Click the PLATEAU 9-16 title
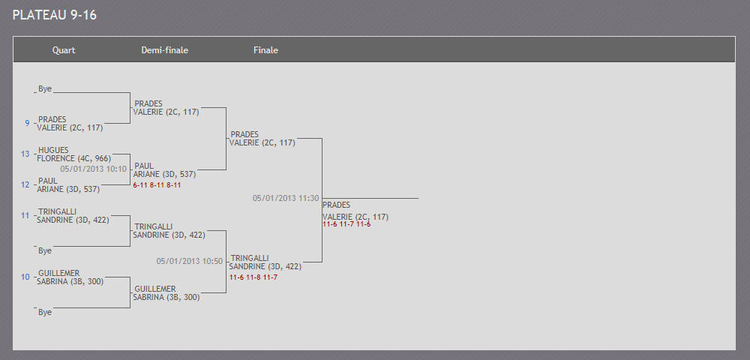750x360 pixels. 55,15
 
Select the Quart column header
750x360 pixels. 64,50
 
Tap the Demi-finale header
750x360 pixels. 164,50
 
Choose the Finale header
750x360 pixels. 265,50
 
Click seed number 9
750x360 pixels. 27,123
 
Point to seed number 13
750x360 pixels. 25,154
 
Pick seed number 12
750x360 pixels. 25,184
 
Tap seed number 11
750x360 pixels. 25,215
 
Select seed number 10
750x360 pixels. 25,277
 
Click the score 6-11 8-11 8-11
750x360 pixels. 157,185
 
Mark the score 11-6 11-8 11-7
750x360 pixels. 253,277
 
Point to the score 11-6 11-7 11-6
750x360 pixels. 346,223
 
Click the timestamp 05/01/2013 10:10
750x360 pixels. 93,169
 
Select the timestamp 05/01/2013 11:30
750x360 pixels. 286,198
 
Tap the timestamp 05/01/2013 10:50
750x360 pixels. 190,261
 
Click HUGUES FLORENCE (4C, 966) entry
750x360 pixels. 74,154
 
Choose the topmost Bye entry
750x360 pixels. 45,89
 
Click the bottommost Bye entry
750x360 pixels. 45,312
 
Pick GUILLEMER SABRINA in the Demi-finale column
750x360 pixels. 166,293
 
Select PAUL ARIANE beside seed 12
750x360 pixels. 68,185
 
